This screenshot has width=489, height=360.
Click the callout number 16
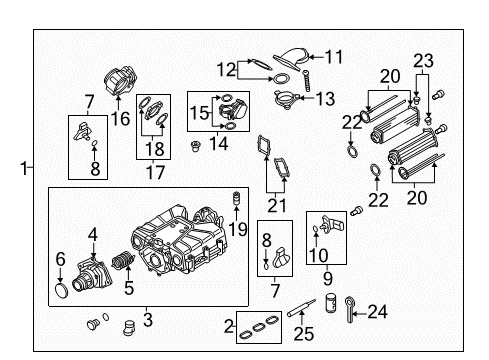(120, 119)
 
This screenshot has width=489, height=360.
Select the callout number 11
(334, 57)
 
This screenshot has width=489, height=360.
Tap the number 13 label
(325, 99)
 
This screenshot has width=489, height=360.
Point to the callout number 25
(304, 334)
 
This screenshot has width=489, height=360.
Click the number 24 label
(378, 312)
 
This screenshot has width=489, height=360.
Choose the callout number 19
(238, 229)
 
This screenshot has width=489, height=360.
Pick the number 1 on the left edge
(23, 168)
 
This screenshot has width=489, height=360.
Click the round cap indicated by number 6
(61, 290)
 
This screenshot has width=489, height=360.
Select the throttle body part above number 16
(120, 81)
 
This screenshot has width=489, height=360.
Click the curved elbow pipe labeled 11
(292, 59)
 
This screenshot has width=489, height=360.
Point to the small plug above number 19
(236, 198)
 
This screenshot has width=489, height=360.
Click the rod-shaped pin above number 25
(301, 308)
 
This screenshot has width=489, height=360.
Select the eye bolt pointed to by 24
(349, 310)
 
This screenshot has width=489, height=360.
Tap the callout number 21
(277, 206)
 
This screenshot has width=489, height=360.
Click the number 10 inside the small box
(319, 255)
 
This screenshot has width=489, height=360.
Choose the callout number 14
(219, 144)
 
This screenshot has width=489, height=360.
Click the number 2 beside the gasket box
(229, 326)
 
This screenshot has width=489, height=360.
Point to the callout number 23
(423, 61)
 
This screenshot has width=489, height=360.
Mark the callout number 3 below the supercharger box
(148, 319)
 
